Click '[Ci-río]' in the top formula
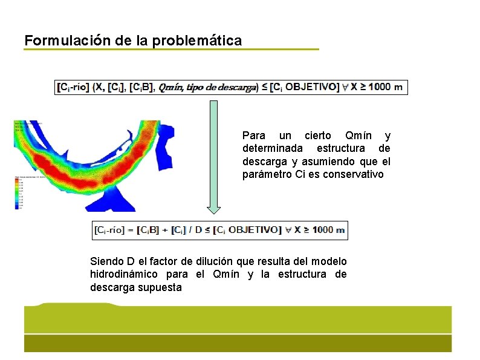[x=73, y=87]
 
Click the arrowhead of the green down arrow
[x=213, y=209]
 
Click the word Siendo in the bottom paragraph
[x=106, y=261]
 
